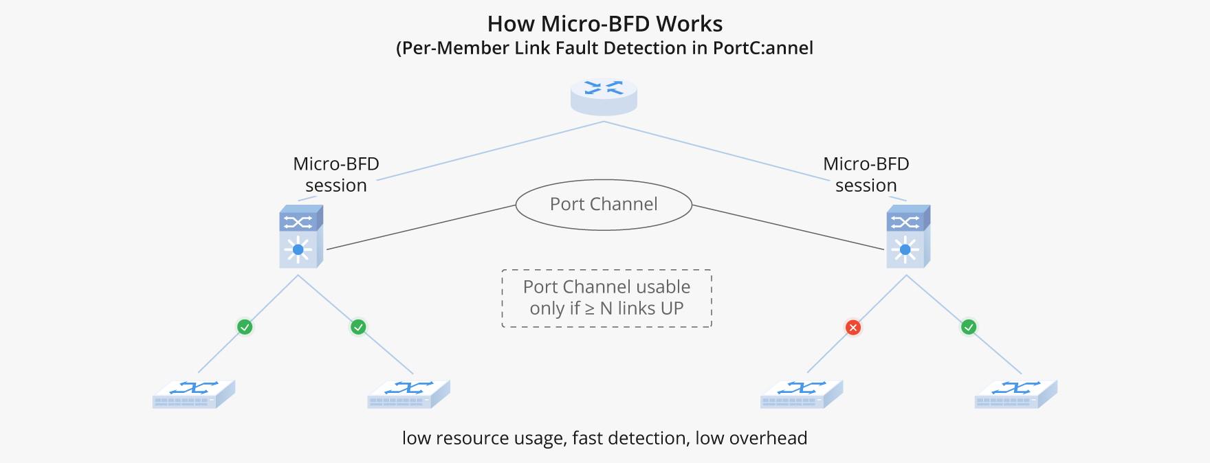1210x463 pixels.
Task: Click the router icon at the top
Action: coord(604,96)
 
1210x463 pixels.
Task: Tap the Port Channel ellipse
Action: coord(604,205)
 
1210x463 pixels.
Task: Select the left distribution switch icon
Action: coord(300,236)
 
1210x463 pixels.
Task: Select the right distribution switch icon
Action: coord(907,236)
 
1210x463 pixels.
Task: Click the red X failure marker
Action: coord(852,328)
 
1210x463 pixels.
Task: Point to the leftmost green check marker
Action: coord(245,327)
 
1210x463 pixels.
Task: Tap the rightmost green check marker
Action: coord(968,327)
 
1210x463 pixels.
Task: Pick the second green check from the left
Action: coord(358,327)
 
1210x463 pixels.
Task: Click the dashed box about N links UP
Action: coord(606,298)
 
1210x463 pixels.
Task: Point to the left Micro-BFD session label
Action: coord(336,174)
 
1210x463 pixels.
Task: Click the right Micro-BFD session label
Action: coord(866,174)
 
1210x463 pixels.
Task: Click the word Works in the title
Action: coord(689,24)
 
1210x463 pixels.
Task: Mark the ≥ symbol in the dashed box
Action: coord(590,309)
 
